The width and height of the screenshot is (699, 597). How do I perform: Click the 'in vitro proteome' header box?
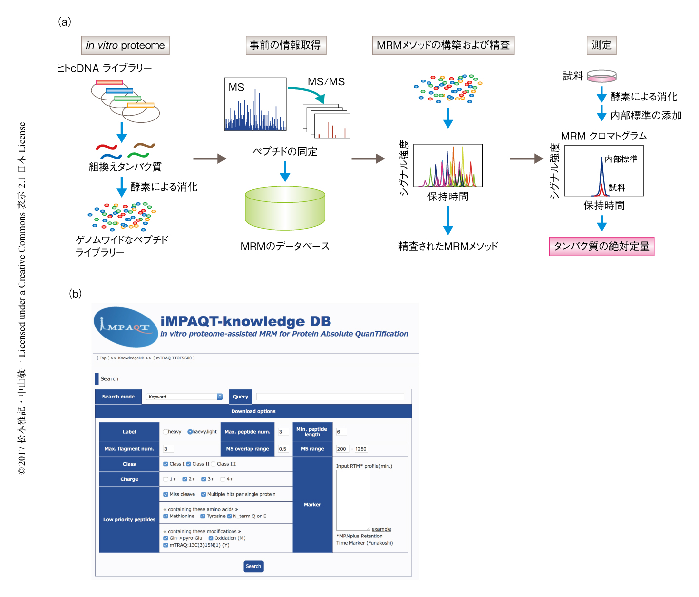(125, 45)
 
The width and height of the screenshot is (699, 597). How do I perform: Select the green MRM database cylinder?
(285, 208)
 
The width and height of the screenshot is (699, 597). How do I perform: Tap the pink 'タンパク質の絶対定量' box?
(602, 246)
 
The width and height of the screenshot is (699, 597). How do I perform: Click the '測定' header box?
(601, 45)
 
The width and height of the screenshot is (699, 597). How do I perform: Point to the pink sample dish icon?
(602, 76)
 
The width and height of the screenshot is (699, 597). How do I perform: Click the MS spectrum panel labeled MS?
(255, 104)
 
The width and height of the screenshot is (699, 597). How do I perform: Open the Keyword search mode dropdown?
(184, 397)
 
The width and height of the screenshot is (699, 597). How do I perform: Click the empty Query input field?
(330, 397)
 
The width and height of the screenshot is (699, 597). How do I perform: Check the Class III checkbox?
(213, 464)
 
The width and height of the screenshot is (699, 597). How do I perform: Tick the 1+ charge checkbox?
(166, 479)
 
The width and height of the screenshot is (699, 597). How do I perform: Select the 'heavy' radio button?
(166, 432)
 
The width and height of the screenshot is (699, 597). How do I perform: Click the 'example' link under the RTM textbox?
(381, 529)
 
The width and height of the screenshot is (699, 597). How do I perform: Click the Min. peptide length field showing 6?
(341, 432)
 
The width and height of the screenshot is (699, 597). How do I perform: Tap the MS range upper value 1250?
(361, 449)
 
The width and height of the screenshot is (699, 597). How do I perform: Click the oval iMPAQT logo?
(125, 327)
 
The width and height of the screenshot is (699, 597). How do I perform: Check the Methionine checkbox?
(166, 516)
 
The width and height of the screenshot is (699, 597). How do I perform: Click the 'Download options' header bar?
(253, 411)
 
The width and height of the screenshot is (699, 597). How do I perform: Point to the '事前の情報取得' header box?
(285, 45)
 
